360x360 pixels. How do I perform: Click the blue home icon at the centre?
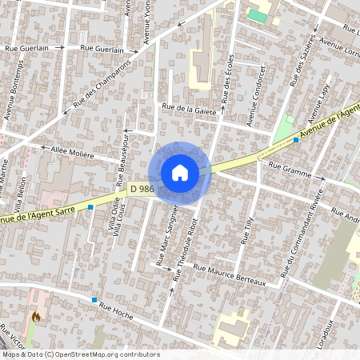coord(180,172)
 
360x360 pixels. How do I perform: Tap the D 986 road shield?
coord(142,188)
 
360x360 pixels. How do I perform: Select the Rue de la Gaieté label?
coord(190,110)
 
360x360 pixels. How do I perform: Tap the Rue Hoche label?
coord(116,310)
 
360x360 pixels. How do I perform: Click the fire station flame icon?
coord(36,318)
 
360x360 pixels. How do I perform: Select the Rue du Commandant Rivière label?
coord(301,237)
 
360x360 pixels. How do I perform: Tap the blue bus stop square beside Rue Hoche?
coord(95,299)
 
